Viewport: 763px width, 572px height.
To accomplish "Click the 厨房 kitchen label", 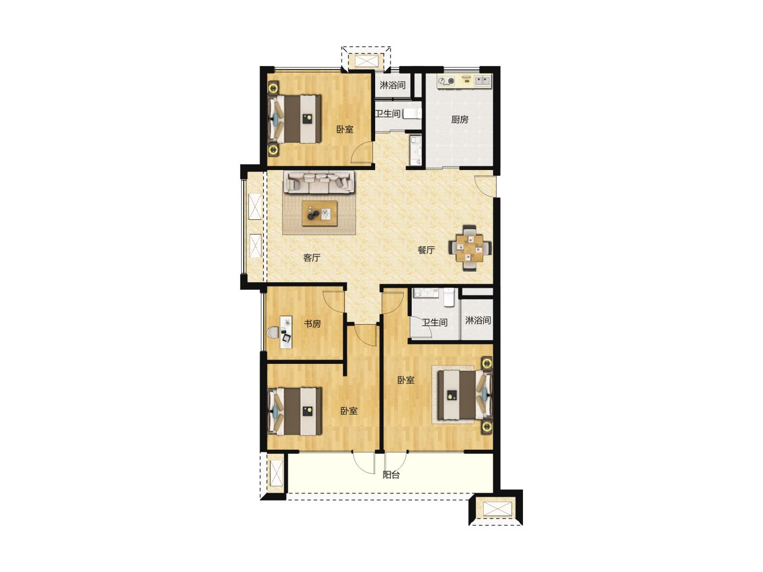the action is (459, 120).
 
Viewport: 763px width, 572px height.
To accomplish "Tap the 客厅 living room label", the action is (312, 258).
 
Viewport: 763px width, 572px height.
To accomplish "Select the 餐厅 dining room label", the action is (426, 250).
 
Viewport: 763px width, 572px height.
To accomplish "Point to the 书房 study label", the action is (312, 324).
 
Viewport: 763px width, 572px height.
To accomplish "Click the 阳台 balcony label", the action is (391, 475).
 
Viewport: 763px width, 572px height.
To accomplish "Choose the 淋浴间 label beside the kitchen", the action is (393, 85).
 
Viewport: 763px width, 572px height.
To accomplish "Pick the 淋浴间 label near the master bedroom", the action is (478, 320).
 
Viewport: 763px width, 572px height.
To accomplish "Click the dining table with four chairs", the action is (469, 248).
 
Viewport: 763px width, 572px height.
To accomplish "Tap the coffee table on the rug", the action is (320, 213).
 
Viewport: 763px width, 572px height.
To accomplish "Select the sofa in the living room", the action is (320, 182).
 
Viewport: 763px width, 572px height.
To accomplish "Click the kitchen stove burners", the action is (446, 81).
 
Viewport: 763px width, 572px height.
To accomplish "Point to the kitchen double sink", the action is (483, 81).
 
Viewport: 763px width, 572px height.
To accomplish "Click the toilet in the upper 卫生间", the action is (412, 113).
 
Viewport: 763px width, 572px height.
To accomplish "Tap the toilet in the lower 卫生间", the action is (449, 298).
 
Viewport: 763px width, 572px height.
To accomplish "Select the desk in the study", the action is (286, 332).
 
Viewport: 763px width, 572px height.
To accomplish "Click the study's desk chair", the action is (273, 333).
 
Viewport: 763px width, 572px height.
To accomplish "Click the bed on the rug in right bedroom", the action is (465, 395).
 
